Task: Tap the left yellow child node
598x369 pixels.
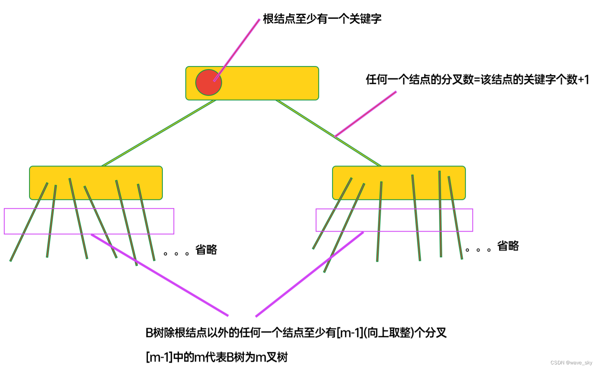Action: pos(96,174)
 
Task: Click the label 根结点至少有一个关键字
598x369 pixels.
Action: pos(322,19)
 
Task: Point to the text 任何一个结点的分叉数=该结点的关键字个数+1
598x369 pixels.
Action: pos(477,79)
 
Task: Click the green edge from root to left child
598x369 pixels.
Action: pos(159,133)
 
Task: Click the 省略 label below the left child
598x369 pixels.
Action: pos(206,250)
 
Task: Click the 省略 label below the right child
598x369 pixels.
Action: pos(508,246)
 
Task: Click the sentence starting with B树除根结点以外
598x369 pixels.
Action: pos(296,333)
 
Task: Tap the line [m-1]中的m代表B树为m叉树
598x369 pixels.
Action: pos(217,357)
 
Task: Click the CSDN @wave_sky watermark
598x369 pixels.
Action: pos(571,363)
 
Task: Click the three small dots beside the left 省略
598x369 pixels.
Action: pos(176,254)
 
